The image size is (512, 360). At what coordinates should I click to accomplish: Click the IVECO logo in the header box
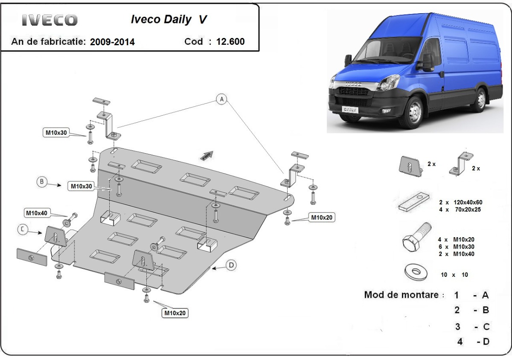point(49,20)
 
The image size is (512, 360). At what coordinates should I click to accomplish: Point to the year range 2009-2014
point(112,42)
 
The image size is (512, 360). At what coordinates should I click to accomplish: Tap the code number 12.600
point(230,42)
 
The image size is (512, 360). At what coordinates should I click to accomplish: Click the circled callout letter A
point(221,99)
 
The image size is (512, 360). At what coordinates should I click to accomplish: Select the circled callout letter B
point(42,182)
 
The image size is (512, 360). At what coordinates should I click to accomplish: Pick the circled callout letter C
point(23,229)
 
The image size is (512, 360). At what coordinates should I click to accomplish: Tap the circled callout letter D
point(231,265)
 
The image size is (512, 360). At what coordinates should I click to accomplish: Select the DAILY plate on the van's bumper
point(349,109)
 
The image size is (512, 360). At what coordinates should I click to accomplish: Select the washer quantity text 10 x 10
point(454,275)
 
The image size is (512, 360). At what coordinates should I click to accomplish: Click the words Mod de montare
point(401,295)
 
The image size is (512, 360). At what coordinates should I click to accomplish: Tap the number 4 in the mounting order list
point(460,341)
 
